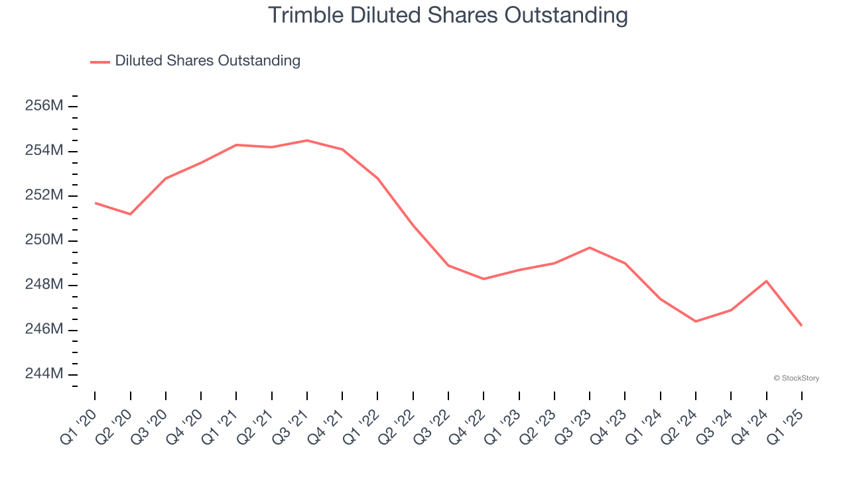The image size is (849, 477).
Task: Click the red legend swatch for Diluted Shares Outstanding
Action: (99, 62)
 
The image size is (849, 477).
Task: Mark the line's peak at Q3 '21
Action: (307, 140)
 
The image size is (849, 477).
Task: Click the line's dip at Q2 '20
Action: (130, 214)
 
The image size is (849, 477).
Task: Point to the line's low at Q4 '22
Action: (484, 279)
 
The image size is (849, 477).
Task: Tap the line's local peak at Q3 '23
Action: (590, 248)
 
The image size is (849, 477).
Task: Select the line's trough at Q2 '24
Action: (696, 321)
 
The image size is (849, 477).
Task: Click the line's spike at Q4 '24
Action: (767, 281)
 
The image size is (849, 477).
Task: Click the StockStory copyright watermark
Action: (796, 378)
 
